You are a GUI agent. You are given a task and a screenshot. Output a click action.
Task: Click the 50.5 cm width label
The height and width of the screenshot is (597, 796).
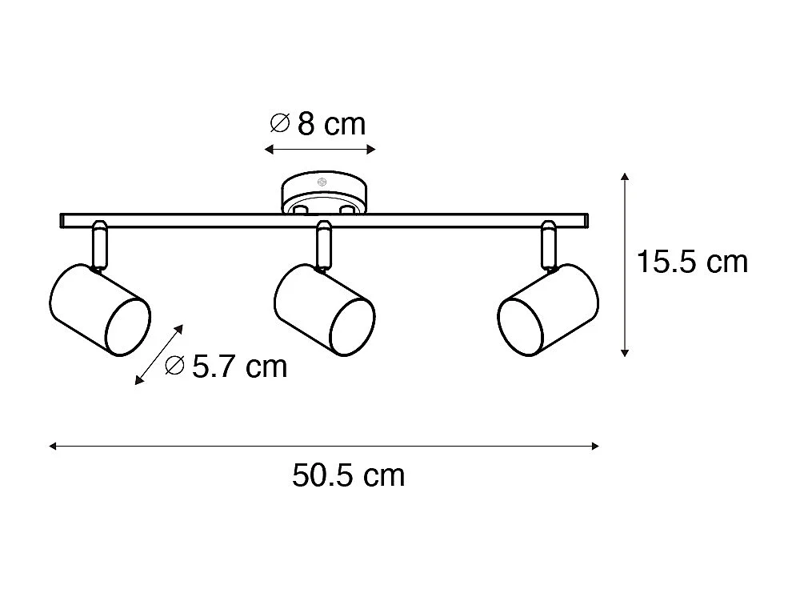(349, 475)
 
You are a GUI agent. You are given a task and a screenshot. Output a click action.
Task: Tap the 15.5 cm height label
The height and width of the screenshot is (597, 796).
(692, 262)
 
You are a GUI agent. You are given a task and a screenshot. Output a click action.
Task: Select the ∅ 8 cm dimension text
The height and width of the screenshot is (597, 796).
(318, 124)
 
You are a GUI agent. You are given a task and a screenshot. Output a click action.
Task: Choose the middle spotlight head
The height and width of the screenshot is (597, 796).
(324, 307)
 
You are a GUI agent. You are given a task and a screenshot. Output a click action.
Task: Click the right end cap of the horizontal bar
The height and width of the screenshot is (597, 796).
(586, 220)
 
